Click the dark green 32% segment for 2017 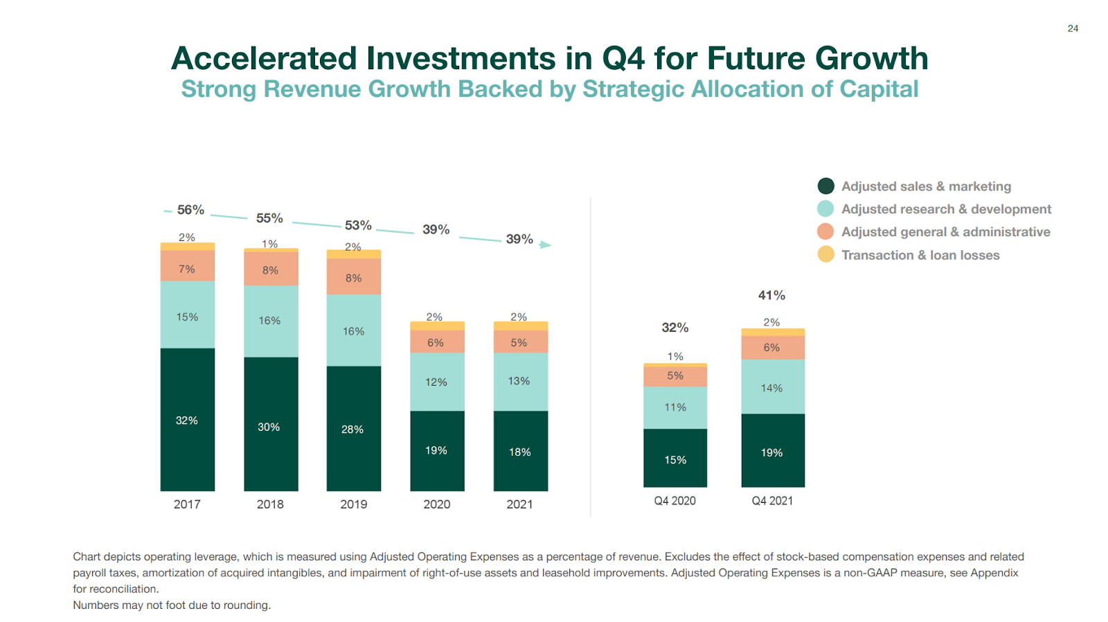point(187,420)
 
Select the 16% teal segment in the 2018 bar point(270,321)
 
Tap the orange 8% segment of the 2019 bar point(353,277)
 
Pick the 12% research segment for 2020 point(436,382)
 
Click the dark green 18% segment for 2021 point(520,451)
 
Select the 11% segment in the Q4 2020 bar point(675,407)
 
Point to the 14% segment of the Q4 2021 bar point(772,387)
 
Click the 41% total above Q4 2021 point(771,295)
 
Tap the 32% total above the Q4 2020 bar point(675,328)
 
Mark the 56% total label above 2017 point(190,210)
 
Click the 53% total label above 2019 point(358,225)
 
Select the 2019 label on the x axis point(353,504)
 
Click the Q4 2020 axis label point(674,501)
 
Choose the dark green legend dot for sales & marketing point(825,186)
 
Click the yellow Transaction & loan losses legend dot point(825,254)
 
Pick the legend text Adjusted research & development point(946,209)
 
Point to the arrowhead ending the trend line point(546,245)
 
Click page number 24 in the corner point(1073,28)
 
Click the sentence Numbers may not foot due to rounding point(172,605)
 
